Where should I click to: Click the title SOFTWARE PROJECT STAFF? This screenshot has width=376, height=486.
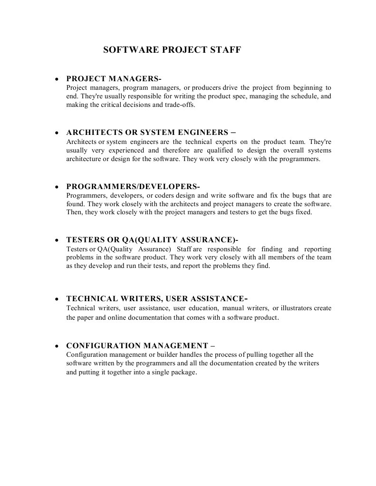[172, 49]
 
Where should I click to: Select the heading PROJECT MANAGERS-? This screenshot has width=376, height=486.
[114, 78]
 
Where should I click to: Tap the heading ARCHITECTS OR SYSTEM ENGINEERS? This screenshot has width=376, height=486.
[151, 132]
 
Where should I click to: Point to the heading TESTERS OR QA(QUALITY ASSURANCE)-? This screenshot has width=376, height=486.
[152, 239]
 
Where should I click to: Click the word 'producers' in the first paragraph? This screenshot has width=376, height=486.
[206, 88]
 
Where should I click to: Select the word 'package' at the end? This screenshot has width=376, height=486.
[183, 373]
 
